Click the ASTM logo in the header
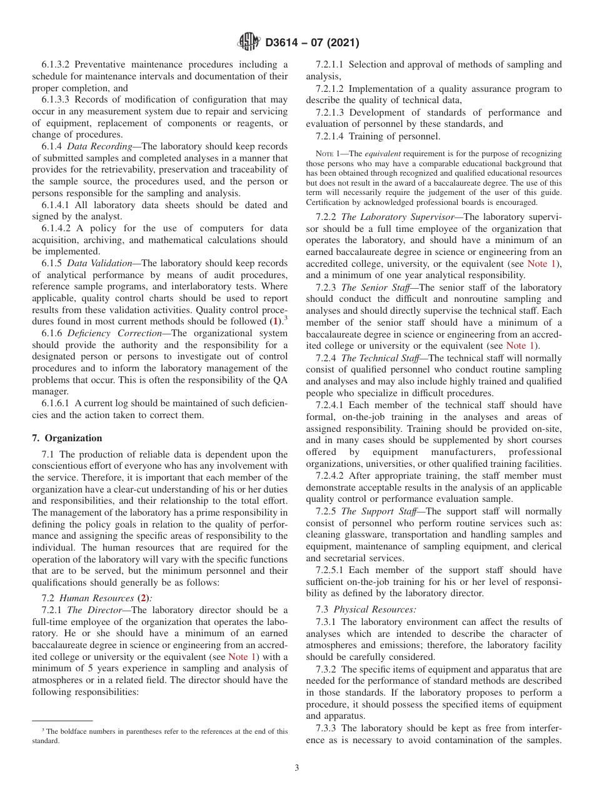click(x=249, y=43)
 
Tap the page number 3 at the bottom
click(x=296, y=767)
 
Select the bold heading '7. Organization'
click(x=67, y=438)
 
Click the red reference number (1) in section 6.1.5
click(x=274, y=321)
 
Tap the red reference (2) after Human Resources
click(x=144, y=598)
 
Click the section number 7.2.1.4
click(x=330, y=136)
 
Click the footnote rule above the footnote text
click(x=62, y=720)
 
